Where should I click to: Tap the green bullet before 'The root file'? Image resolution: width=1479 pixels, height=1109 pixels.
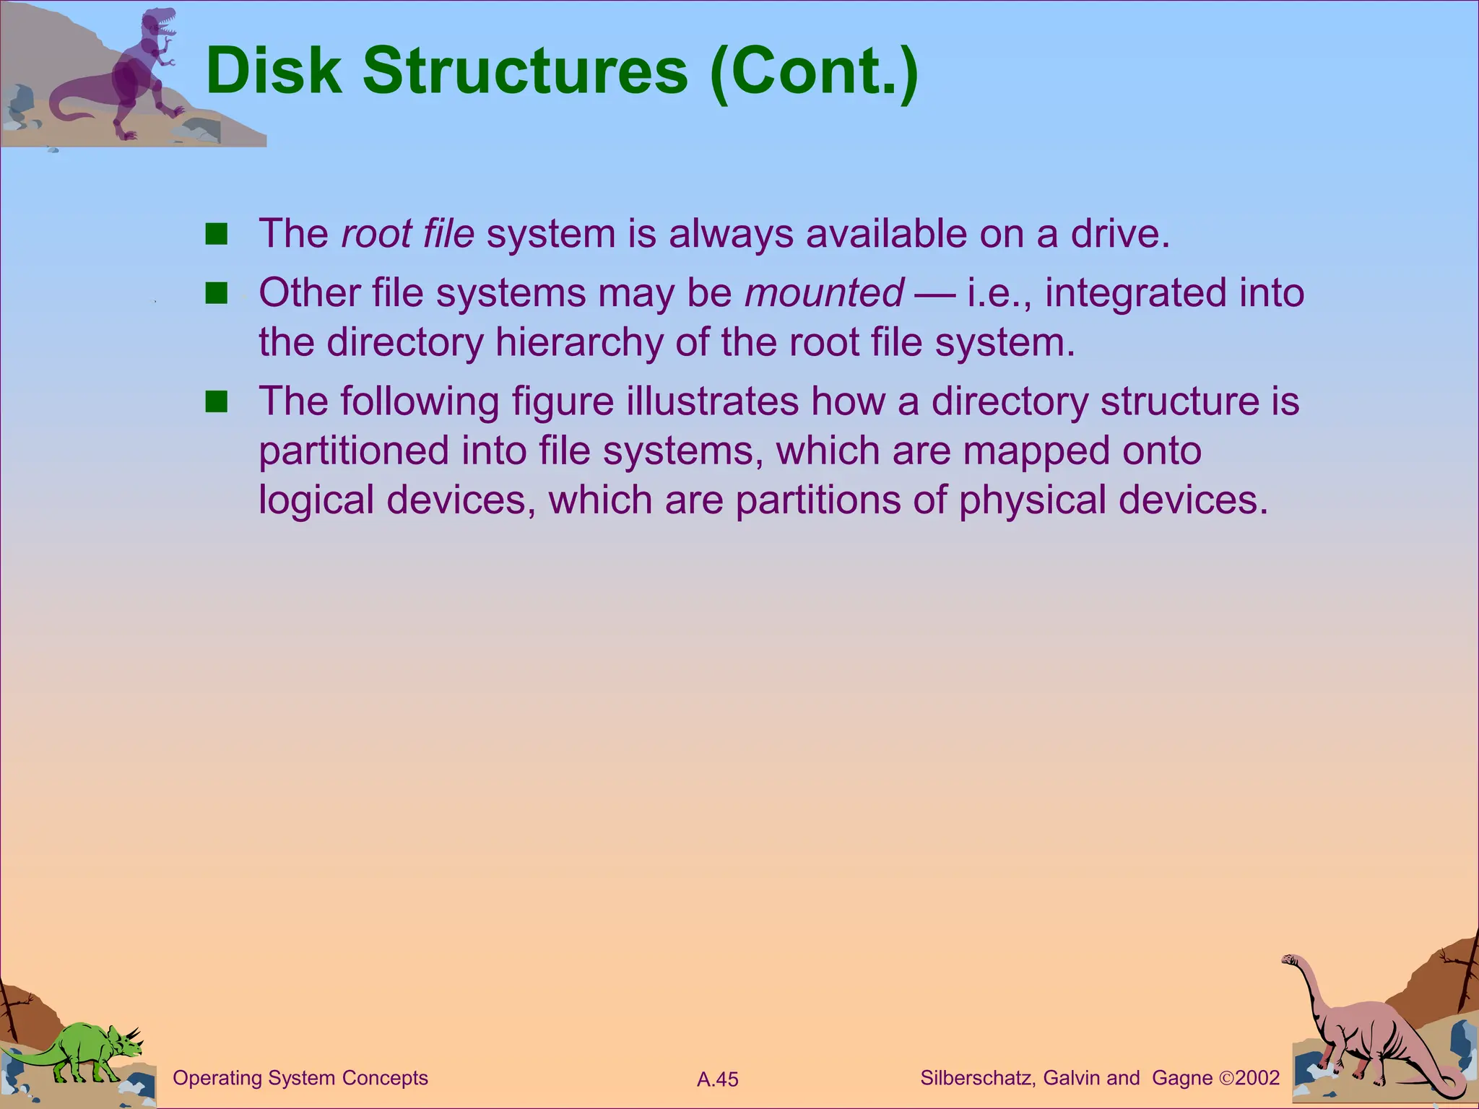[x=216, y=235]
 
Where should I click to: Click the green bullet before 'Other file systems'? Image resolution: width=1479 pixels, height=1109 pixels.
[x=216, y=294]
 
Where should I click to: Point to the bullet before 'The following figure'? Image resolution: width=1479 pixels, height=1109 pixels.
[x=216, y=402]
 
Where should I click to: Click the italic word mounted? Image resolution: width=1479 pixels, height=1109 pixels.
[x=824, y=293]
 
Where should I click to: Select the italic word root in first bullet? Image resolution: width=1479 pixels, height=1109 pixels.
[x=369, y=234]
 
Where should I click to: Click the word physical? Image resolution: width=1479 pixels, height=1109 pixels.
[x=1032, y=500]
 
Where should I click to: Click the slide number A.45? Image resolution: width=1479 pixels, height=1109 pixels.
[x=718, y=1079]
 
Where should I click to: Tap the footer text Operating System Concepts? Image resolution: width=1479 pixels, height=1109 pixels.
[x=300, y=1078]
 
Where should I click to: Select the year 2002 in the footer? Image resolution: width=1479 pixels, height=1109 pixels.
[x=1257, y=1078]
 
